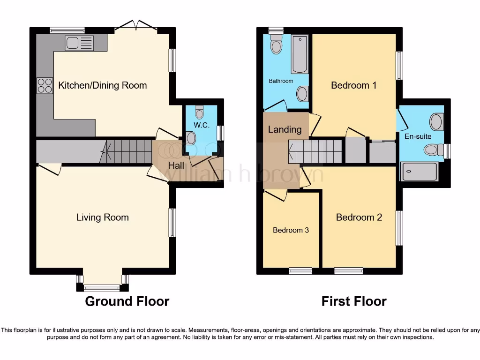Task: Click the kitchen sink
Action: tap(80, 43)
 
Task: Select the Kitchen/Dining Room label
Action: tap(102, 85)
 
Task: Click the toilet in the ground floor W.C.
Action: tap(200, 112)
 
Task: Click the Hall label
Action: tap(176, 165)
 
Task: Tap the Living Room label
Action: tap(102, 217)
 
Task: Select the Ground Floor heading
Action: tap(127, 301)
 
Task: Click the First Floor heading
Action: tap(354, 301)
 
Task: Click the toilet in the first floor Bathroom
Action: tap(277, 45)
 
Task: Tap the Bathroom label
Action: tap(281, 81)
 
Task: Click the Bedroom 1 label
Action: tap(353, 85)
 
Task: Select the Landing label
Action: tap(285, 129)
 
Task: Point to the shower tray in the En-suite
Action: tap(419, 172)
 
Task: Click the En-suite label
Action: tap(418, 136)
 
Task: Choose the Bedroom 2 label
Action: tap(359, 217)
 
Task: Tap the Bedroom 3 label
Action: tap(291, 230)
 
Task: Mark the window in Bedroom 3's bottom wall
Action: tap(300, 271)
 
